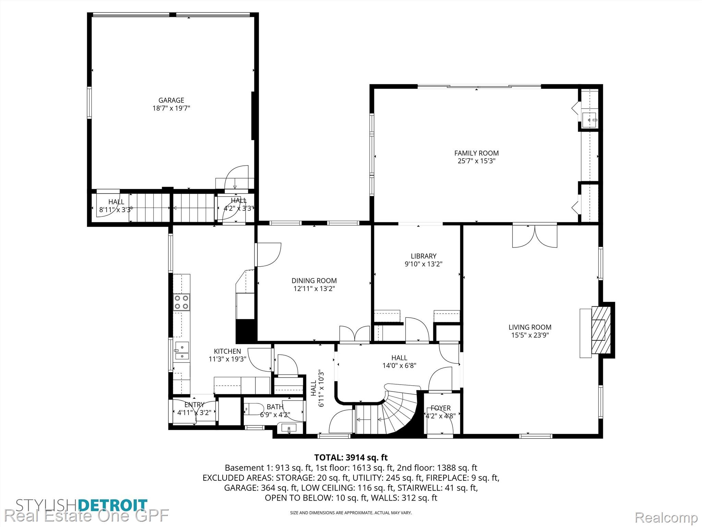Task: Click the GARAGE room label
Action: tap(171, 100)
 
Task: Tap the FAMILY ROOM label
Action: tap(476, 153)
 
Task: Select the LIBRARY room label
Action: tap(424, 256)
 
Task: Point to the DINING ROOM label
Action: tap(314, 281)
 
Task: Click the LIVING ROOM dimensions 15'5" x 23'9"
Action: tap(530, 335)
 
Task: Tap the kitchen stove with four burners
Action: tap(182, 302)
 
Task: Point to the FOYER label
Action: tap(441, 408)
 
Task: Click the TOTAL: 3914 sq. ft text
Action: tap(351, 457)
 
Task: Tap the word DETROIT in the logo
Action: tap(113, 505)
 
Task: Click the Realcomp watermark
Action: tap(666, 517)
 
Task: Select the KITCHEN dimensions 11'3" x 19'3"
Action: tap(228, 359)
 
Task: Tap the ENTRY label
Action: tap(194, 405)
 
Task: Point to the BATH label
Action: tap(275, 407)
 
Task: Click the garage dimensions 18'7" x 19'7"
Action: tap(171, 108)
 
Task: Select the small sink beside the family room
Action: tap(590, 120)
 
